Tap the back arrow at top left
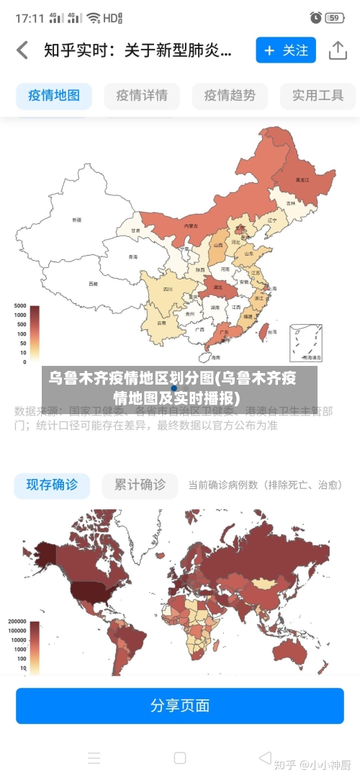coord(22,50)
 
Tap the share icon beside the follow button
coord(338,50)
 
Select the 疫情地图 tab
coord(54,96)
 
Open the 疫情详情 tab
coord(142,96)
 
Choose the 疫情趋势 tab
coord(230,96)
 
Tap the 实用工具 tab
coord(318,96)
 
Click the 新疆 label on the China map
coord(77,219)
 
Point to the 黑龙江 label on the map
coord(302,179)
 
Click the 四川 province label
coord(168,290)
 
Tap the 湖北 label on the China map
coord(218,287)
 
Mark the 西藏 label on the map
coord(93,284)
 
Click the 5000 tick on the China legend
coord(19,306)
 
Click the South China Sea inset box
coord(305,343)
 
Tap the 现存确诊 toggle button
coord(53,485)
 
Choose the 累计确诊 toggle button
coord(140,485)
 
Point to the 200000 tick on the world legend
coord(17,622)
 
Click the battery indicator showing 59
coord(334,17)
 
